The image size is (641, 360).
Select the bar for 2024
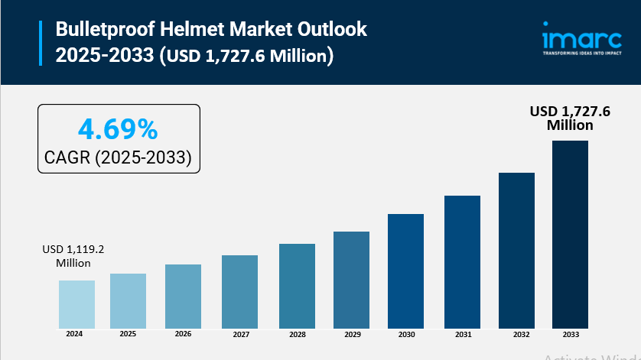(x=76, y=303)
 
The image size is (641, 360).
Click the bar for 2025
(x=128, y=300)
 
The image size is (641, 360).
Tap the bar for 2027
(x=239, y=290)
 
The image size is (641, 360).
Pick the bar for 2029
(x=351, y=278)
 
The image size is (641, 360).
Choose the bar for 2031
(x=462, y=261)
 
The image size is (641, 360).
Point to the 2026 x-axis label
(x=183, y=334)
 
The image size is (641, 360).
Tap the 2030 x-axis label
(x=405, y=334)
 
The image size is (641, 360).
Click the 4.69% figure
(x=119, y=129)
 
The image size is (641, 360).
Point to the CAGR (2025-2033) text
(x=119, y=157)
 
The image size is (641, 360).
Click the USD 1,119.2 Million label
(x=73, y=256)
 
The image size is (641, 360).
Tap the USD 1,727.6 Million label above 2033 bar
(x=571, y=118)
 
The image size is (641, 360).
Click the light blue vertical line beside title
(x=41, y=43)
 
